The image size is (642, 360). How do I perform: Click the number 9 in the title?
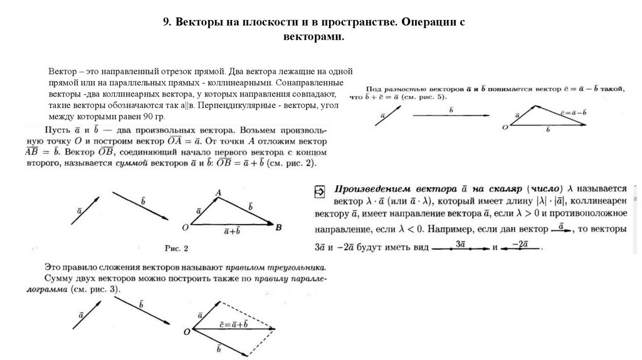(166, 22)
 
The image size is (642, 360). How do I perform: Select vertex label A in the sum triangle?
(218, 192)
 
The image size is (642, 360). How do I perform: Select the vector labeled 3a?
(461, 248)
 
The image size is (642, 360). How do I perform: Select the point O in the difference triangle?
(505, 127)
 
